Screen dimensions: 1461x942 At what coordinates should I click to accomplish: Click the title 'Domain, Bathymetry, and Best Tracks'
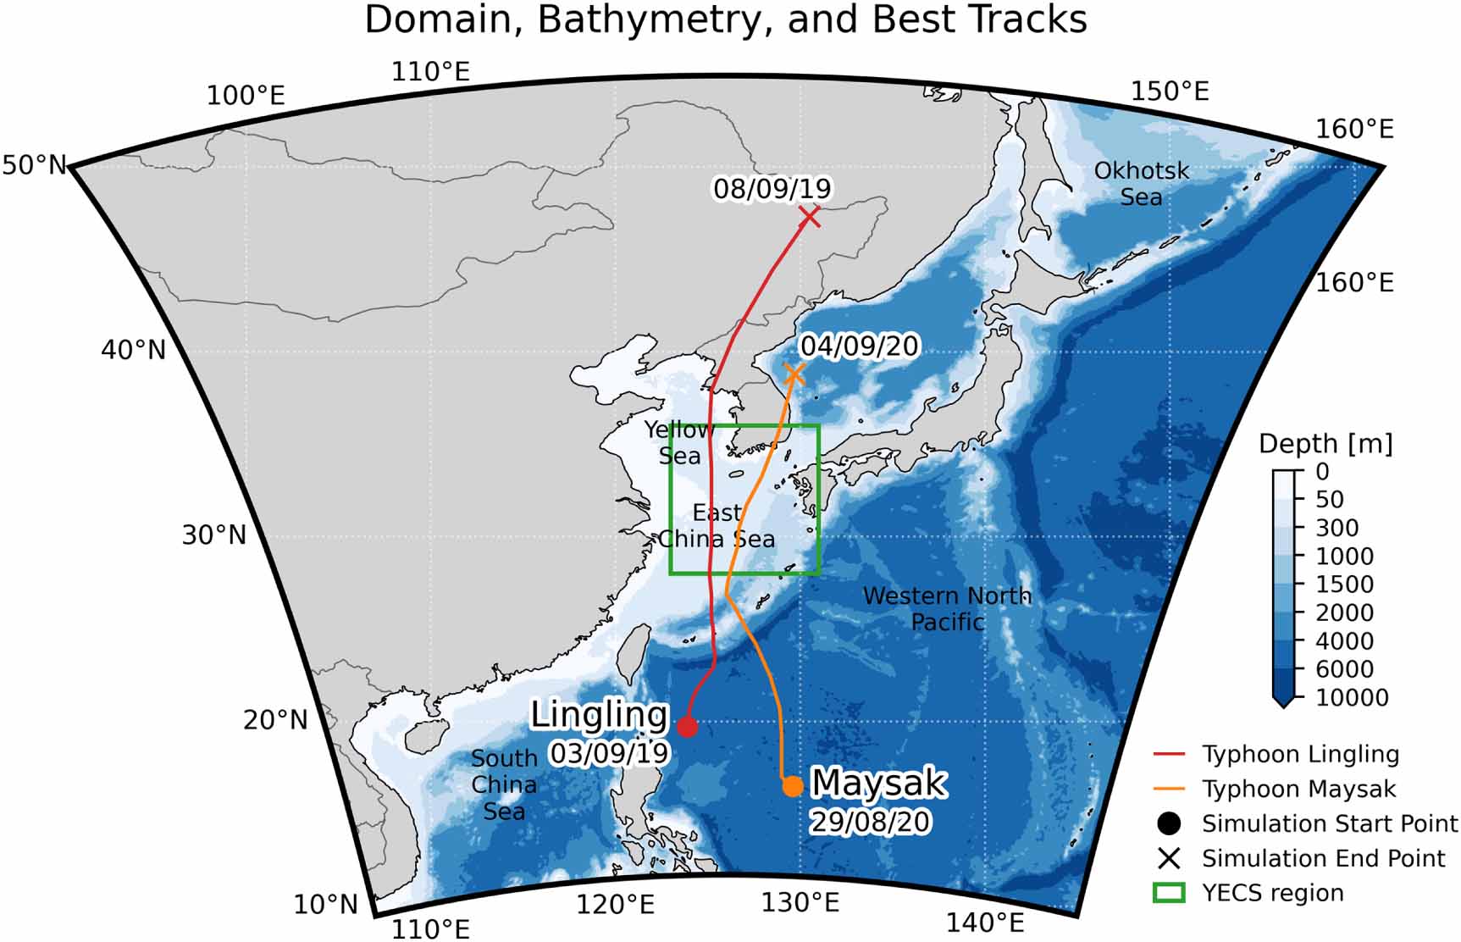pos(725,20)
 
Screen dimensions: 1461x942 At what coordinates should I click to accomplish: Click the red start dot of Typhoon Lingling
pos(687,726)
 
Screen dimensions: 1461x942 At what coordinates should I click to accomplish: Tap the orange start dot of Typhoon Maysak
pos(792,786)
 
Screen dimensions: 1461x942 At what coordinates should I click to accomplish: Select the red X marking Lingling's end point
pos(810,217)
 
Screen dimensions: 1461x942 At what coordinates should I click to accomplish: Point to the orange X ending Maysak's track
pos(794,374)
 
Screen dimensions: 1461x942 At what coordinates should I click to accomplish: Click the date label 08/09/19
pos(772,188)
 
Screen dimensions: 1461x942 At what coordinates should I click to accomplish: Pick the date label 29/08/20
pos(870,822)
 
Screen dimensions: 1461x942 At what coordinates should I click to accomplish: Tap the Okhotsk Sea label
pos(1141,184)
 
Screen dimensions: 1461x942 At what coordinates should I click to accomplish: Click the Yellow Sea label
pos(679,443)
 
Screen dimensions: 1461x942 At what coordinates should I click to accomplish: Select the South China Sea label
pos(504,785)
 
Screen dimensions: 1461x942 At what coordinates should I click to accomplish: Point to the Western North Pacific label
pos(947,608)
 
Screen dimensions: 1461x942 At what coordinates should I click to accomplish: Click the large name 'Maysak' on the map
pos(878,784)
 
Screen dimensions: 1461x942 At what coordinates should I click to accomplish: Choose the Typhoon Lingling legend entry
pos(1300,754)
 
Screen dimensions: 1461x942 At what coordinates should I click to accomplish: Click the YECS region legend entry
pos(1272,893)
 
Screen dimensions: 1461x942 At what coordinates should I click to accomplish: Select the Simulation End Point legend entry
pos(1323,858)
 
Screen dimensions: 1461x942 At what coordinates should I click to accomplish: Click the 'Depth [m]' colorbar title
pos(1325,444)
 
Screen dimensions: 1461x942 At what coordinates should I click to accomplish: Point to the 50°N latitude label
pos(34,165)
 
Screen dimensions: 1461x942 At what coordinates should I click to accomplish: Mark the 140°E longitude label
pos(985,922)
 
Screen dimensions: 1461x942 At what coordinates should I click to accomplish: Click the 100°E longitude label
pos(246,96)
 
